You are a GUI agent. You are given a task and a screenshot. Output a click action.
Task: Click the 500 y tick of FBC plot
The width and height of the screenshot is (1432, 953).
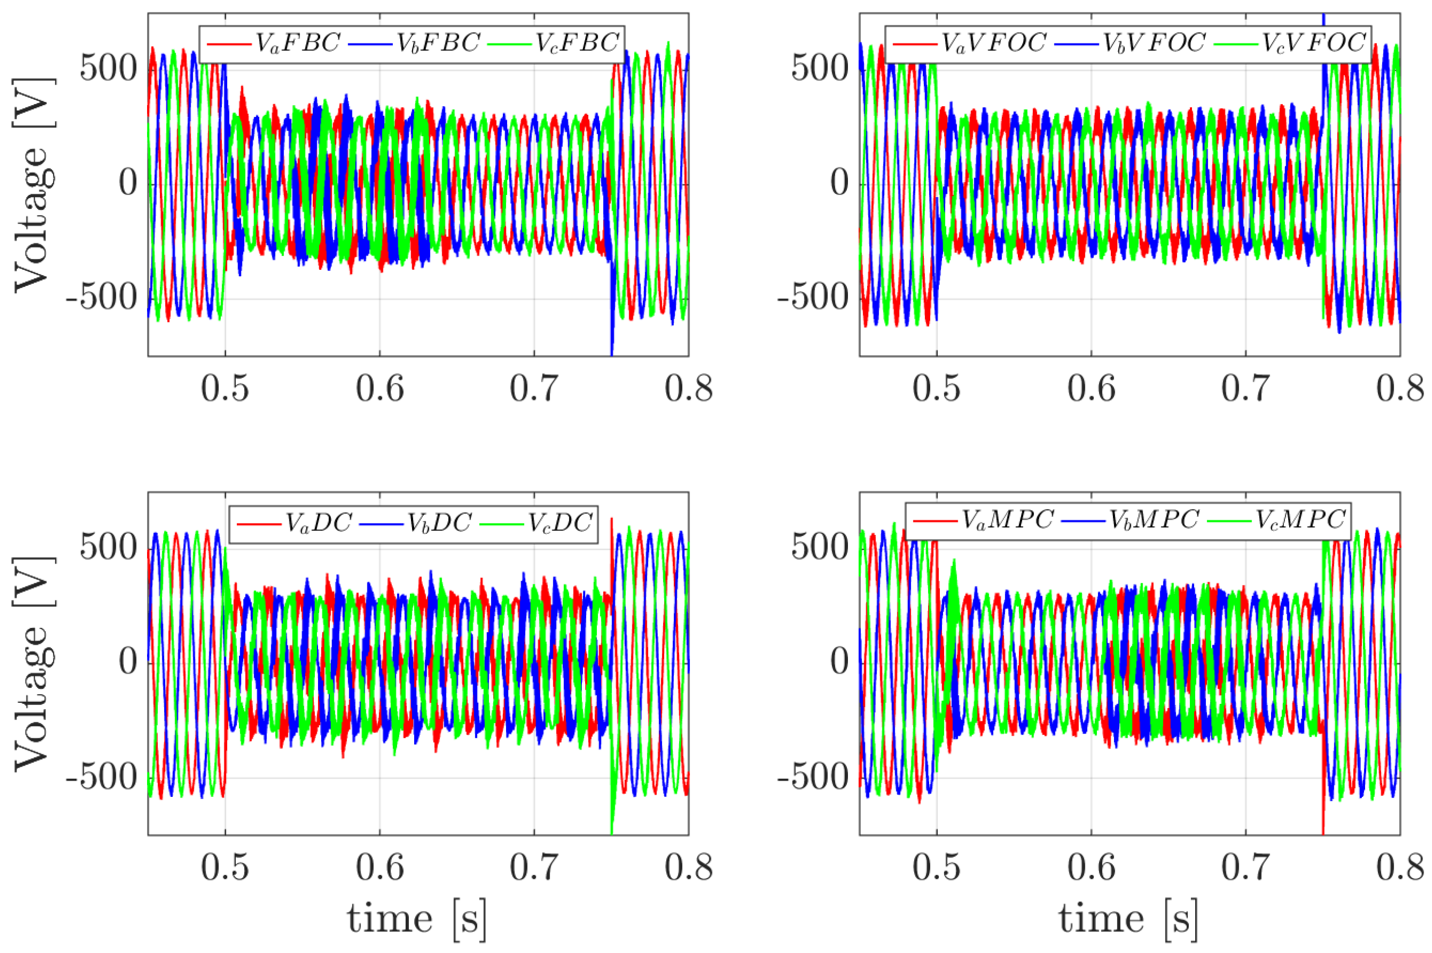[x=108, y=69]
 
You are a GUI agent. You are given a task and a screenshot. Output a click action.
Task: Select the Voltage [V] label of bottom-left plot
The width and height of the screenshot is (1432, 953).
[x=32, y=662]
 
